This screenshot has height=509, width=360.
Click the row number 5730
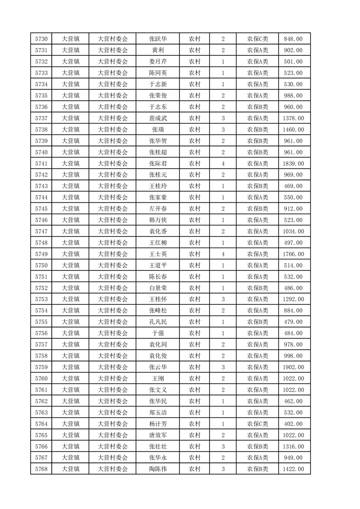click(41, 39)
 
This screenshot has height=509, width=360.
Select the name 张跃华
click(158, 39)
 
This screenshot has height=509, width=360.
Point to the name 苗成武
click(158, 118)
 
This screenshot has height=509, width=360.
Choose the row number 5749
click(41, 254)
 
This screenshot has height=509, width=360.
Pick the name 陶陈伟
click(158, 469)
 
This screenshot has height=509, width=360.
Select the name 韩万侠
click(158, 220)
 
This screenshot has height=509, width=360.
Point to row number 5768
click(41, 469)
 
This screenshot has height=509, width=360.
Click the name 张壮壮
click(158, 446)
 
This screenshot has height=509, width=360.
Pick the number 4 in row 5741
click(223, 164)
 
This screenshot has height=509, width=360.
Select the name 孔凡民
click(158, 322)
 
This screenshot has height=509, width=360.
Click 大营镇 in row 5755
click(70, 322)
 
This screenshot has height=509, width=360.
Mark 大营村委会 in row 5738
click(113, 130)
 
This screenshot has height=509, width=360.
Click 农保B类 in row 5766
click(257, 446)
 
